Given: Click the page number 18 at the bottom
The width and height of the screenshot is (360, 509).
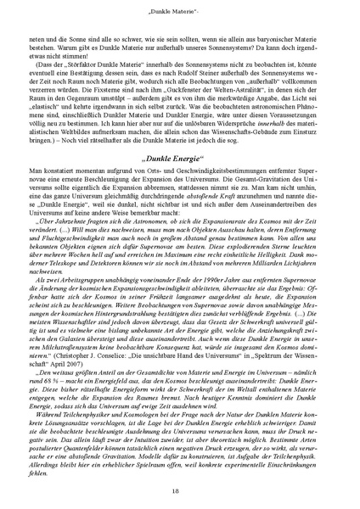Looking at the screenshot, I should tap(180, 490).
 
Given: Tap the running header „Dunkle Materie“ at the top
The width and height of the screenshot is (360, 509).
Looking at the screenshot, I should tap(180, 9).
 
